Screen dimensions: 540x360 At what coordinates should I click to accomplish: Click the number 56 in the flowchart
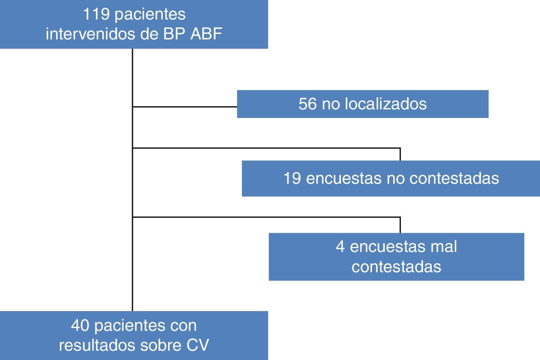coord(307,104)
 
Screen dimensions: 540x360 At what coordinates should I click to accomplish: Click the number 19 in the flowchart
coord(292,178)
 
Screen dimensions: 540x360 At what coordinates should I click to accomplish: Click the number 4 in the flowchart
coord(340,247)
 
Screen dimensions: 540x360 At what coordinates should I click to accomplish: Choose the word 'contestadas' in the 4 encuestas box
coord(396,266)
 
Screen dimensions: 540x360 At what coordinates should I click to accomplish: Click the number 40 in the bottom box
coord(80,325)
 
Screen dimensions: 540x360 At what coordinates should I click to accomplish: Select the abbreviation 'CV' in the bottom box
coord(198,345)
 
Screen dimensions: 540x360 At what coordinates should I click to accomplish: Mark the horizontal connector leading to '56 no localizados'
coord(185,107)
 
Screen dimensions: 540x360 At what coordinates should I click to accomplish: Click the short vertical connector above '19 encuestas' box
coord(400,154)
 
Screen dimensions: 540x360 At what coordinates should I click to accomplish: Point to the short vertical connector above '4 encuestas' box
coord(400,225)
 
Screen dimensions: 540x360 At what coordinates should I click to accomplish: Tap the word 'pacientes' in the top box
coord(150,14)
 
